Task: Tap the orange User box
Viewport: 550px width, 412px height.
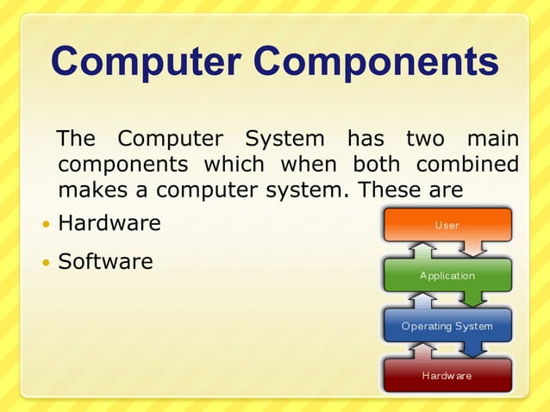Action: click(447, 225)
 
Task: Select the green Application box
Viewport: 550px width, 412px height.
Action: click(447, 276)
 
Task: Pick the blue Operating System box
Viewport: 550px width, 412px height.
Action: click(447, 326)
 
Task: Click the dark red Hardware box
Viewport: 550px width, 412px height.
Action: click(447, 376)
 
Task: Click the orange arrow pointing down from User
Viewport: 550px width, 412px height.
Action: click(473, 250)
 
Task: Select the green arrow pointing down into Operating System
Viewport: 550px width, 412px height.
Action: click(473, 300)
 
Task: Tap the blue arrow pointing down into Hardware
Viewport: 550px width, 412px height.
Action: click(473, 350)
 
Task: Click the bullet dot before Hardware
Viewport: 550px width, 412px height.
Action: click(46, 225)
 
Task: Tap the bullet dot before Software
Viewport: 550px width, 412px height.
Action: click(46, 262)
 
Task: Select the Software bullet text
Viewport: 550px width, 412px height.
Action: click(105, 261)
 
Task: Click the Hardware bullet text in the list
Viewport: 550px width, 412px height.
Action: click(109, 224)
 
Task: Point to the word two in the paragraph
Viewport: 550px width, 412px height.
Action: click(424, 139)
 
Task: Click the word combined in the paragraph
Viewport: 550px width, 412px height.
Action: click(467, 164)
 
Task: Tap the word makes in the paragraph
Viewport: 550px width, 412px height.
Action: click(89, 189)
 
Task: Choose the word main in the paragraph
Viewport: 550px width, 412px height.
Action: click(492, 139)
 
